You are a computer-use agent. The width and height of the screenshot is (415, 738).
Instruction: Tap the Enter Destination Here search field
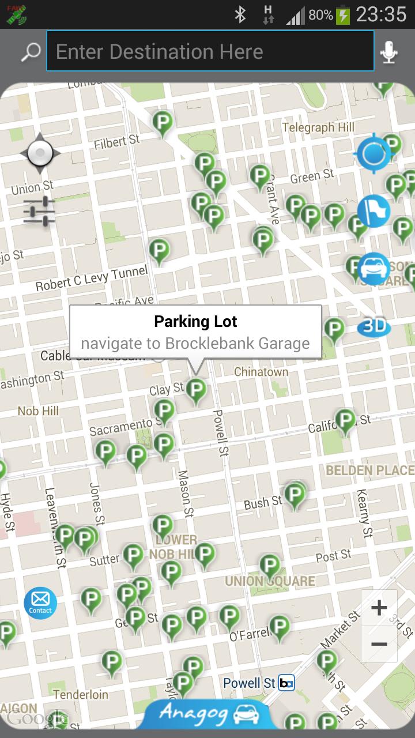click(210, 52)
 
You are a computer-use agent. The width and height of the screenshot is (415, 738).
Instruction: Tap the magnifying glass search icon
click(31, 52)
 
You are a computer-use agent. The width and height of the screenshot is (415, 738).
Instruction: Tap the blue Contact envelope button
click(40, 603)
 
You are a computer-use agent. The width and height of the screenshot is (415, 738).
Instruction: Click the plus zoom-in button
click(379, 608)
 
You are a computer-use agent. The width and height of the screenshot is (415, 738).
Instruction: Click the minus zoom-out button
click(379, 644)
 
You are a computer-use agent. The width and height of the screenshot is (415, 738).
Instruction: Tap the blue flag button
click(373, 210)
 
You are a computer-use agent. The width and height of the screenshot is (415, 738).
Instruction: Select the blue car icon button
click(374, 268)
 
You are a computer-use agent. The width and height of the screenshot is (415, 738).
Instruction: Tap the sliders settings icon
click(39, 212)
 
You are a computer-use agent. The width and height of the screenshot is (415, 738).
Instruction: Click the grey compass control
click(40, 153)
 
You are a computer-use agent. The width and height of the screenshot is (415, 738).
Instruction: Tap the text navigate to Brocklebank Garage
click(195, 344)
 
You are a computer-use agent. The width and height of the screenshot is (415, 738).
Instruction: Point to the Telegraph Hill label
click(318, 127)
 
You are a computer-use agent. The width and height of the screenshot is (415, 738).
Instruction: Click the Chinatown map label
click(261, 372)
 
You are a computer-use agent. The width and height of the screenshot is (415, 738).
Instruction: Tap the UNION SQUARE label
click(270, 581)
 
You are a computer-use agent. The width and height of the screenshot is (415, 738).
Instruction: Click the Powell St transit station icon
click(286, 683)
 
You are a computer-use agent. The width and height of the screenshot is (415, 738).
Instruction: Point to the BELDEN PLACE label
click(369, 470)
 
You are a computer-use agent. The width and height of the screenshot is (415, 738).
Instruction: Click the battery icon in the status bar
click(343, 15)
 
